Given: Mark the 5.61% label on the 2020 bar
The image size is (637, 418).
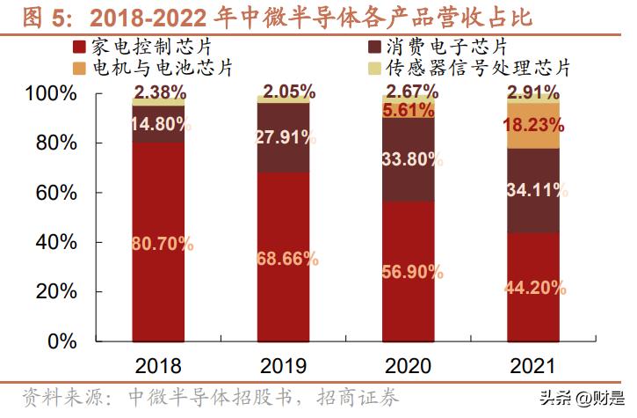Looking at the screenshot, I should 410,110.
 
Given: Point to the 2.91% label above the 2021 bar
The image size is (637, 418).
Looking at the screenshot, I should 533,92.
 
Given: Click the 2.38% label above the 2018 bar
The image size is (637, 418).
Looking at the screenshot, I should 160,92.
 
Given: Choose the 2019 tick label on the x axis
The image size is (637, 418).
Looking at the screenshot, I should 284,365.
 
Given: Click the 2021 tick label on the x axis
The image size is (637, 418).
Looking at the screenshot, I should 533,365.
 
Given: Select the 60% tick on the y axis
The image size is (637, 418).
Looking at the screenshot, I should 56,193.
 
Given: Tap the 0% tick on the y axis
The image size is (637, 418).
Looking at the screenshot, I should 63,341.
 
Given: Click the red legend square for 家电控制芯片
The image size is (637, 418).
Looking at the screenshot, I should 82,47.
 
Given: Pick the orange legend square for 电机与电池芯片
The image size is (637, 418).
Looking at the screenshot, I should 82,67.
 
